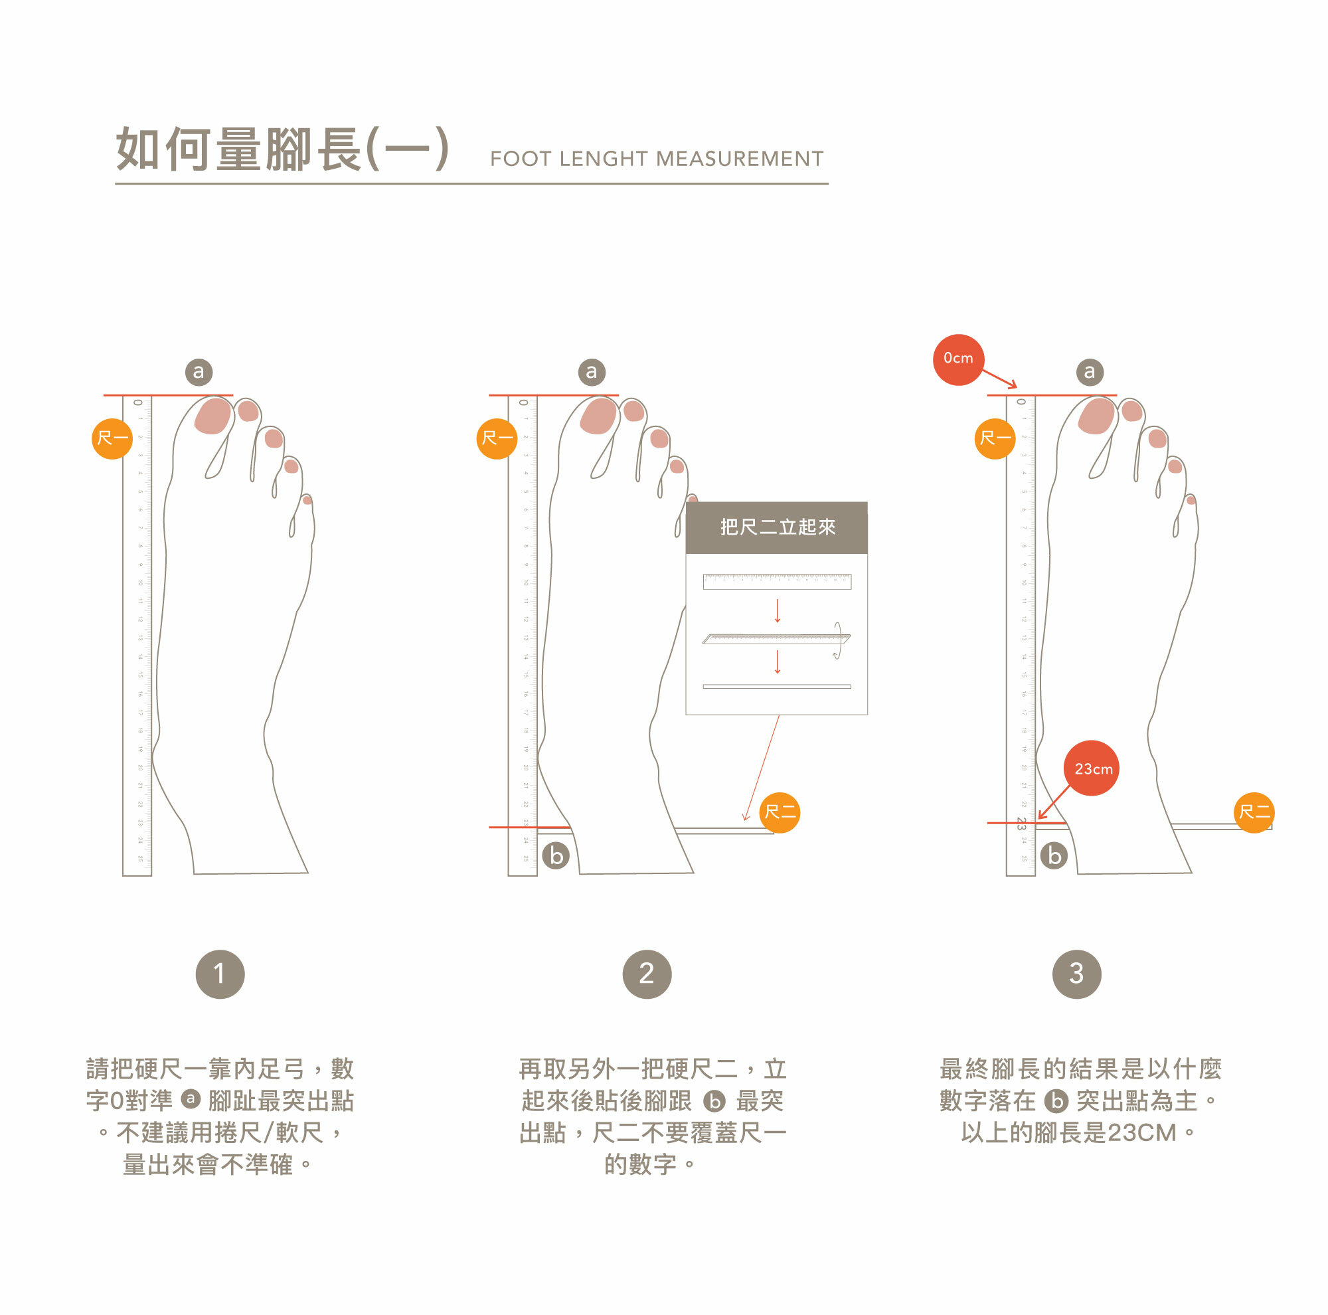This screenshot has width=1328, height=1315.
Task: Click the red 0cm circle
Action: click(957, 359)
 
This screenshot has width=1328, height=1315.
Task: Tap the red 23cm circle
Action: click(1091, 768)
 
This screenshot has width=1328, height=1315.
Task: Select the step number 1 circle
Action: click(220, 974)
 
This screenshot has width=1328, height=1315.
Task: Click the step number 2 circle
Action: click(646, 974)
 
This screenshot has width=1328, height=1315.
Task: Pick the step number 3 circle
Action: click(1076, 974)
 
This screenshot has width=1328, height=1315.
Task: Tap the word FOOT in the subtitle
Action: click(521, 159)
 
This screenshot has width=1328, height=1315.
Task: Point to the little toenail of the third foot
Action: click(1191, 500)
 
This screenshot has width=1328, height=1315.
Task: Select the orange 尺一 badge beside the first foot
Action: click(112, 438)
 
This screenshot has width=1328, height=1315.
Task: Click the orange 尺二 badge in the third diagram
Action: click(1254, 812)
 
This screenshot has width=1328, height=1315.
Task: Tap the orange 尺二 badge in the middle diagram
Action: click(780, 812)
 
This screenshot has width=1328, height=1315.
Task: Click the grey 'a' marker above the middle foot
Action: click(591, 372)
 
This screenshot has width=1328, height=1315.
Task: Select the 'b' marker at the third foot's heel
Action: click(1054, 856)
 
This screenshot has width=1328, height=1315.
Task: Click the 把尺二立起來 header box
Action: click(776, 527)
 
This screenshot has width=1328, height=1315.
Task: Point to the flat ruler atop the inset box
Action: click(776, 581)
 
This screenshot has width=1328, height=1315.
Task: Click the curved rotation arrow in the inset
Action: click(837, 640)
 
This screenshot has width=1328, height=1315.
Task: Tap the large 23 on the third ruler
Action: click(1021, 822)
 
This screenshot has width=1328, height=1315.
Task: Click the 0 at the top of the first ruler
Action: click(137, 402)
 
